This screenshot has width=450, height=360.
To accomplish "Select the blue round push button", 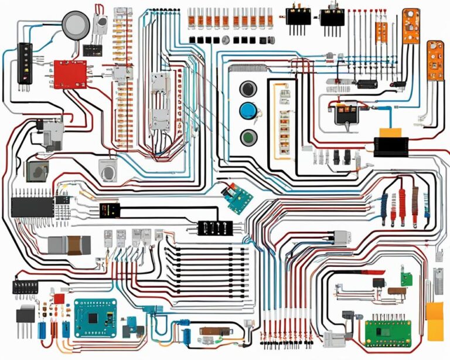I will pos(248,111).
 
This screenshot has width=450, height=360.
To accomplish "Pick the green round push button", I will pos(248,138).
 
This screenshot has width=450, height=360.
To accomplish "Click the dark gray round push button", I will pos(248,89).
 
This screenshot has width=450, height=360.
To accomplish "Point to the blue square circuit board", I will pos(95,317).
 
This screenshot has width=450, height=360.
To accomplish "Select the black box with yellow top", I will pos(390,142).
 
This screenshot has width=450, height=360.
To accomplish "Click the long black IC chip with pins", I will pos(33,206).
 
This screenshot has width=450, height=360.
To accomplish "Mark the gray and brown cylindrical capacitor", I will pos(69,244).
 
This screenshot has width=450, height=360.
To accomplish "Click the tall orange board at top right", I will pos(412,26).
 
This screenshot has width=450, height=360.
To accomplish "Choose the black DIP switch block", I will pos(25,287).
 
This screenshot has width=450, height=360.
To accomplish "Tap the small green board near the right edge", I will pos(405,276).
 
